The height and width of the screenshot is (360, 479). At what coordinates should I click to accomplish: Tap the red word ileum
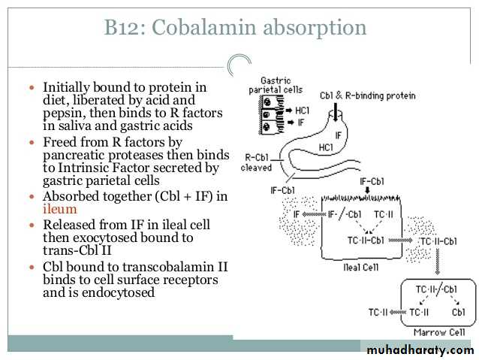point(60,209)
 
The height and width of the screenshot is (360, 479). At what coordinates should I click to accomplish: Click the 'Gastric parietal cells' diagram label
point(276,86)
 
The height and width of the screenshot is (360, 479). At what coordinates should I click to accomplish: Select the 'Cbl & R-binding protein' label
point(367,95)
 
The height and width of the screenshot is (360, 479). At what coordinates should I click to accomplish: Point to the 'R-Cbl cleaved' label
point(256,162)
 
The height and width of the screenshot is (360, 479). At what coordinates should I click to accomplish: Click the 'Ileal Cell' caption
point(361,268)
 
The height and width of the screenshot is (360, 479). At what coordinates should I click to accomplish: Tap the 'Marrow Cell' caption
point(439,332)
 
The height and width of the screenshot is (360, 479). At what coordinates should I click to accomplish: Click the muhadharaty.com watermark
point(420,349)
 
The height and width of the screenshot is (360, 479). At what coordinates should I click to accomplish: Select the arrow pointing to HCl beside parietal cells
point(289,110)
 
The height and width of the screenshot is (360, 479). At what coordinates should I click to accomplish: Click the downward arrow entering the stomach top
point(336,112)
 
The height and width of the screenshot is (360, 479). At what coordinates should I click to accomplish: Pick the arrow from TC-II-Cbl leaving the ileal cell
point(400,241)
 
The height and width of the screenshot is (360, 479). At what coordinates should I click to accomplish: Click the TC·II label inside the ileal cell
point(384,214)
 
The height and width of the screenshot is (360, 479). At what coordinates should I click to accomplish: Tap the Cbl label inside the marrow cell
point(458,313)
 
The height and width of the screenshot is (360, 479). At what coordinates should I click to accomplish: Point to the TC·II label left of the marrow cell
point(378,313)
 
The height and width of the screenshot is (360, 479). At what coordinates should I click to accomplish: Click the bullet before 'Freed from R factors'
point(32,143)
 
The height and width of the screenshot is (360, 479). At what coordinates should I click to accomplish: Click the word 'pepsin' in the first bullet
point(64,113)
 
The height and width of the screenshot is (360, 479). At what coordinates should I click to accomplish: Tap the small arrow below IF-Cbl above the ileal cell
point(367,190)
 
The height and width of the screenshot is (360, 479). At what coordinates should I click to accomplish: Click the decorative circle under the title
point(237,63)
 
